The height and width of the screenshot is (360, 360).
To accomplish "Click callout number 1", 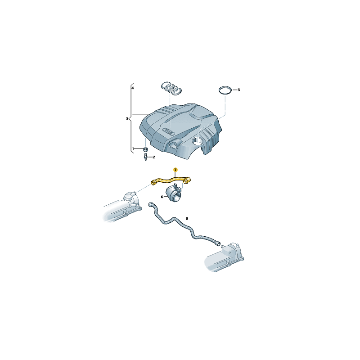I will (133, 148).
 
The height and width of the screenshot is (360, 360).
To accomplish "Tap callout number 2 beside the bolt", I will (154, 157).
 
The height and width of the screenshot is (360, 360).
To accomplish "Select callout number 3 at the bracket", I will (127, 119).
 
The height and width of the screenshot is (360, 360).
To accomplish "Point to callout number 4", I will (133, 88).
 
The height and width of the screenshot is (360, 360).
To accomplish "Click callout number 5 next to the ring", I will (239, 90).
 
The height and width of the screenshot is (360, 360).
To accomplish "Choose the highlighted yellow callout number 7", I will (175, 169).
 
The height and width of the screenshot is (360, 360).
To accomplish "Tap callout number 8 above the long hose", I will (187, 219).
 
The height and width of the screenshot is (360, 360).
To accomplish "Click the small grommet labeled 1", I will (145, 149).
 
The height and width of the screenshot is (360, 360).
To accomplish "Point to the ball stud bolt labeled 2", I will (145, 157).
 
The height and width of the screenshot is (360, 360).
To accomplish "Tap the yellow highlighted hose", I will (171, 180).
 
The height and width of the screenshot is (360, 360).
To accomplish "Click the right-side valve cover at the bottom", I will (225, 257).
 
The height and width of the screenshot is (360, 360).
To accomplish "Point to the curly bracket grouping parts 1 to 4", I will (131, 119).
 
